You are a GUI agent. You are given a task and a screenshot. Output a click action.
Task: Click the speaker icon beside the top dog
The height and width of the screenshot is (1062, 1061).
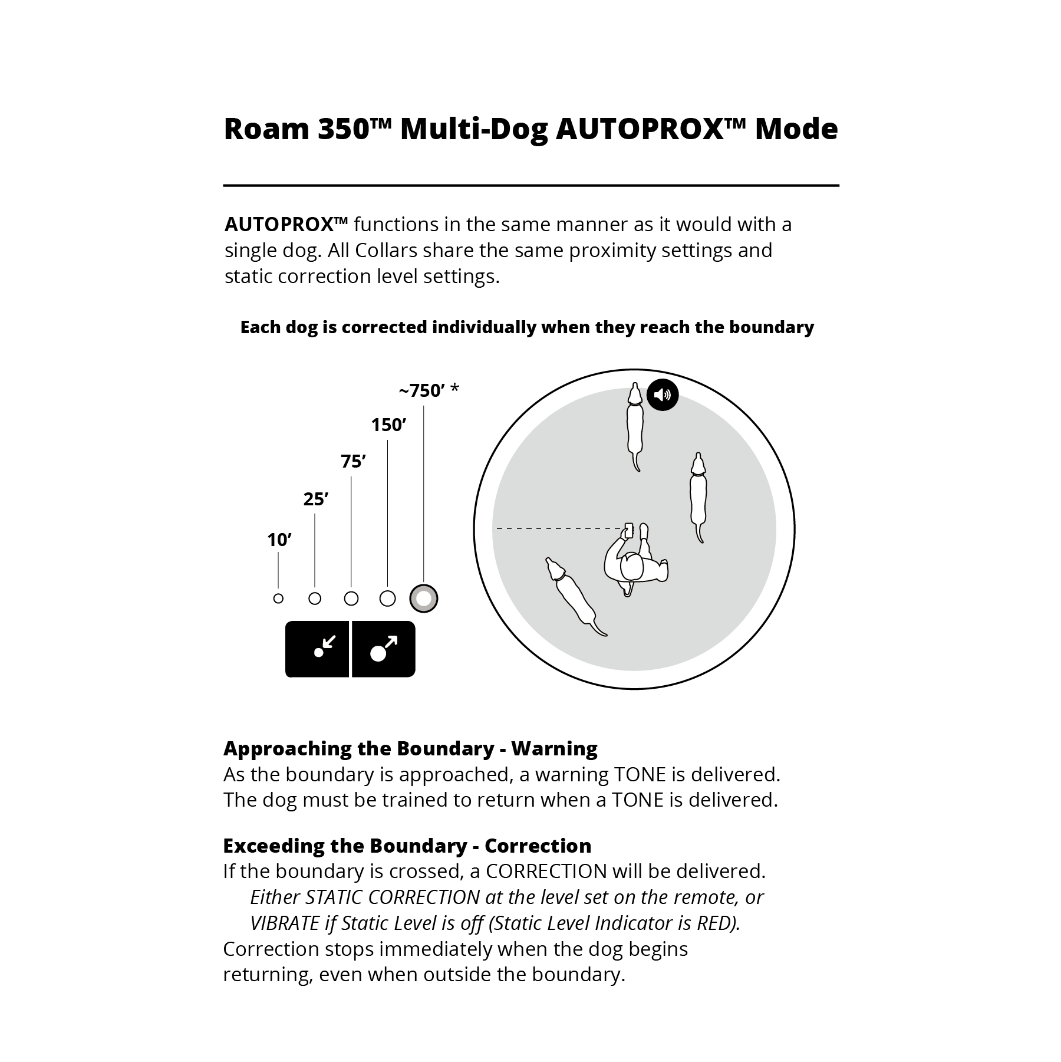663,394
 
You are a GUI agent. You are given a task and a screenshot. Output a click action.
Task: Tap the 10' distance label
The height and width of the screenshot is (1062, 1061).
279,540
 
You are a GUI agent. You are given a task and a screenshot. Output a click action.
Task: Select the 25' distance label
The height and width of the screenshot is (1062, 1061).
315,499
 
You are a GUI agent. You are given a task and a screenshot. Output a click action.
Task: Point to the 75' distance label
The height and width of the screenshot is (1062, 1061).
353,461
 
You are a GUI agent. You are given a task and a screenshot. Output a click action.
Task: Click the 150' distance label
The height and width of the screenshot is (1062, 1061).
388,425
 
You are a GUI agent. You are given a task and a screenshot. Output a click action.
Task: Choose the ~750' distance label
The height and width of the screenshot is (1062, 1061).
429,390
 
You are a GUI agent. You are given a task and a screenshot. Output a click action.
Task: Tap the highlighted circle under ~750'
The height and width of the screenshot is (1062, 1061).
424,599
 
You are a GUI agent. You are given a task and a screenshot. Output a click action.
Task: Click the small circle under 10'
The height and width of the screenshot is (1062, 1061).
279,599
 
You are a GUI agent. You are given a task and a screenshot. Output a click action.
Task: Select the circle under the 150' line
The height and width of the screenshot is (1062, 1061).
387,599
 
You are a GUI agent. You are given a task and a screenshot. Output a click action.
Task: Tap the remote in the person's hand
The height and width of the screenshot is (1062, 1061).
628,530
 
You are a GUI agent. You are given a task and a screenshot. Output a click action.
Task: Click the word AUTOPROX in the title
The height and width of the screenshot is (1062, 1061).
640,129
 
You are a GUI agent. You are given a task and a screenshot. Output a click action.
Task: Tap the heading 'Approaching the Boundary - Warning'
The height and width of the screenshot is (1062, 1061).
410,748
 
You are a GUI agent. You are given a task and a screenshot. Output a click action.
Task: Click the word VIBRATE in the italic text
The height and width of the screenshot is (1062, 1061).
285,923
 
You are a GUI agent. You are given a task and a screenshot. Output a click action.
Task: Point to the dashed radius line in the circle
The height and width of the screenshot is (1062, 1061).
557,529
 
